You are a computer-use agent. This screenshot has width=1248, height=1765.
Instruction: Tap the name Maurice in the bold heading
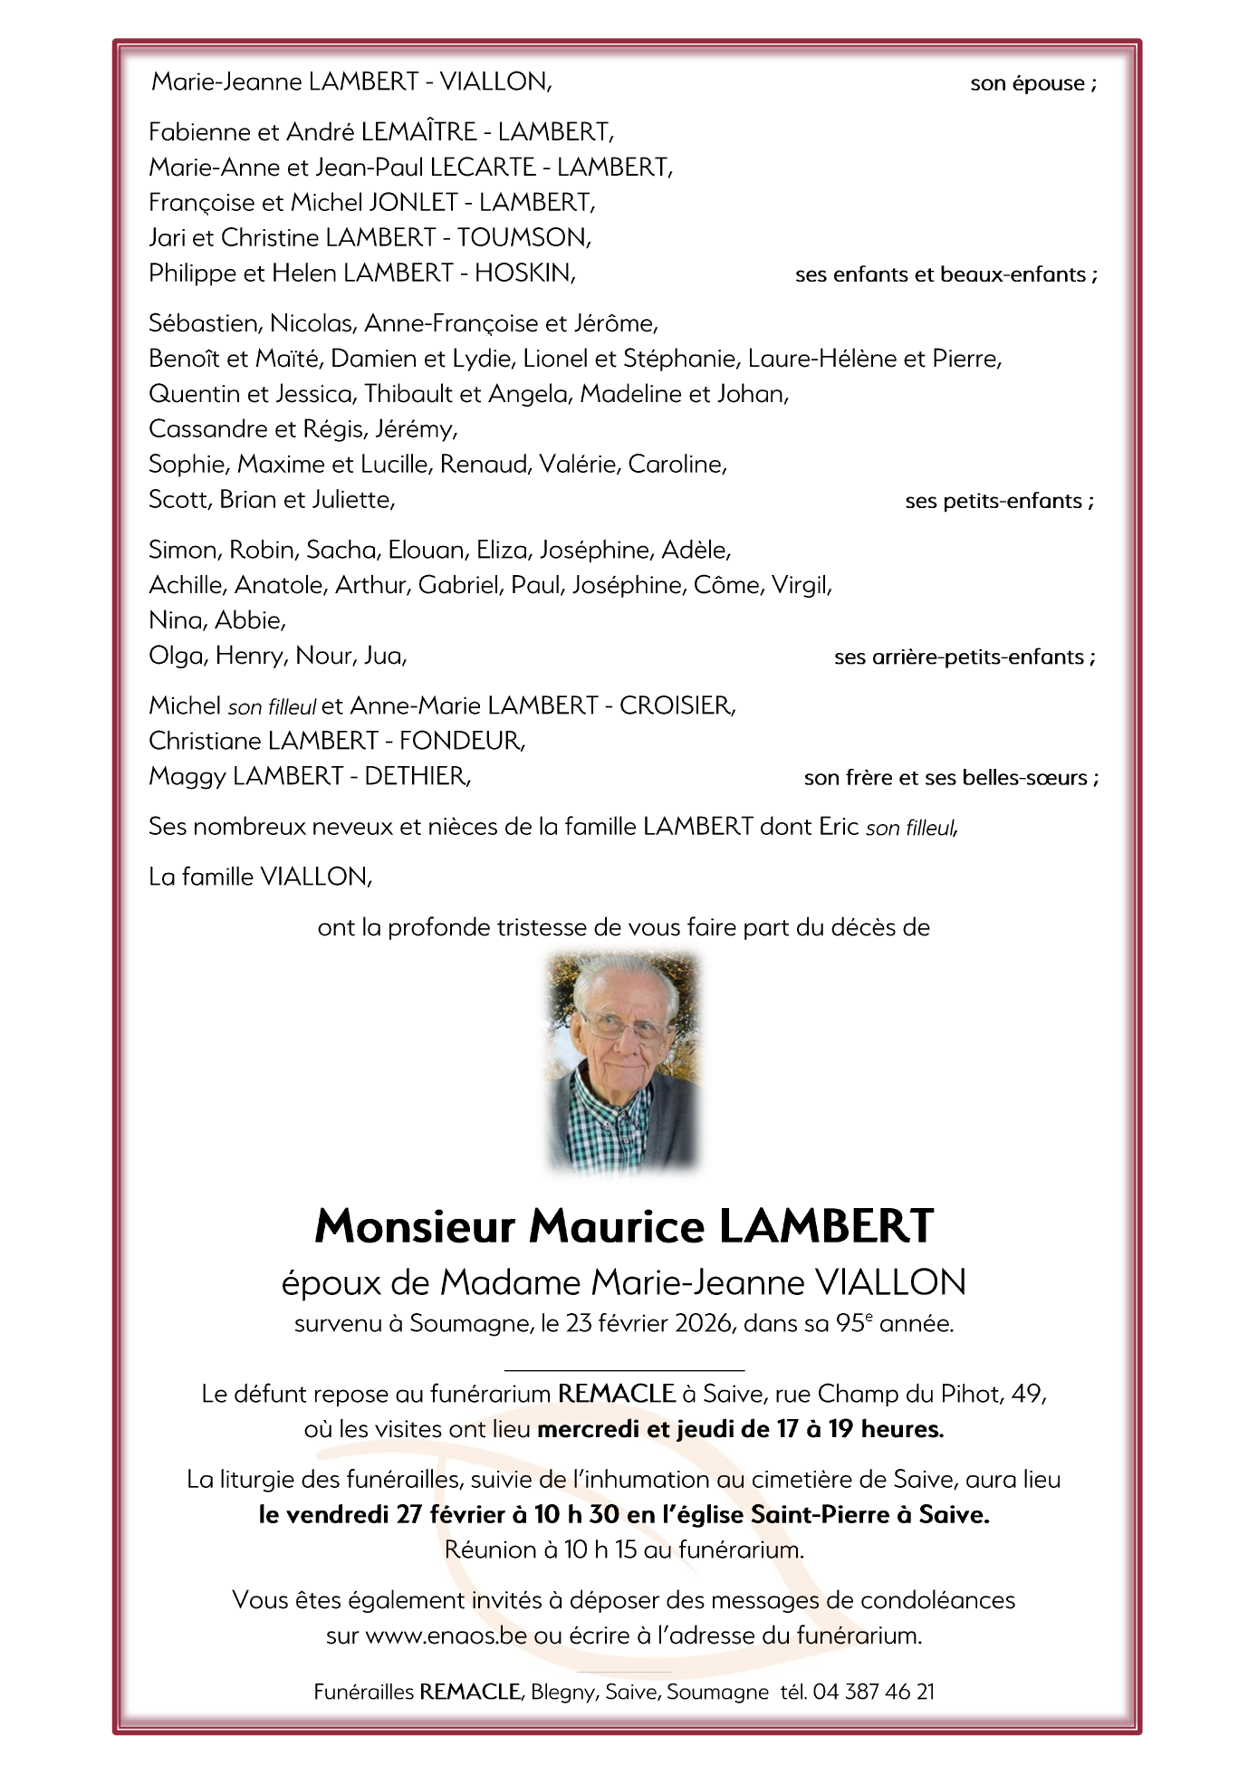tap(616, 1227)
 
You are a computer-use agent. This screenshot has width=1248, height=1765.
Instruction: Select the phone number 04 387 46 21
tap(873, 1692)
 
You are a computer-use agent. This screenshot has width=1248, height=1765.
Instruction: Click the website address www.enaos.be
tap(446, 1636)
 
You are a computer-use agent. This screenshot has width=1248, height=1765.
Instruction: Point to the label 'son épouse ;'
tap(1032, 83)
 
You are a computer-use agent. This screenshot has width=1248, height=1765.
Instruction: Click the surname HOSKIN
tap(523, 273)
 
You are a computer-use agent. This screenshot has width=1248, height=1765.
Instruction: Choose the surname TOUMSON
tap(523, 237)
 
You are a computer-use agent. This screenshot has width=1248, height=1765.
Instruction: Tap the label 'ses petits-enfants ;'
tap(999, 501)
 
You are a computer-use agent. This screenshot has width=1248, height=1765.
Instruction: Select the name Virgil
tap(801, 585)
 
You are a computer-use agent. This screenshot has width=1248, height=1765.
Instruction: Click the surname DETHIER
tap(416, 776)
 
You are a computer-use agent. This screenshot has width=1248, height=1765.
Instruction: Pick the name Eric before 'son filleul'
tap(839, 827)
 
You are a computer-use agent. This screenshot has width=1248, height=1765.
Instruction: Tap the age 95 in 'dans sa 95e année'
tap(850, 1324)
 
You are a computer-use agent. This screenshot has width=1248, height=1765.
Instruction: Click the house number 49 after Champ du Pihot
tap(1027, 1394)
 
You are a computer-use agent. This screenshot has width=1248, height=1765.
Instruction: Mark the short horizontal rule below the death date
tap(624, 1370)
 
